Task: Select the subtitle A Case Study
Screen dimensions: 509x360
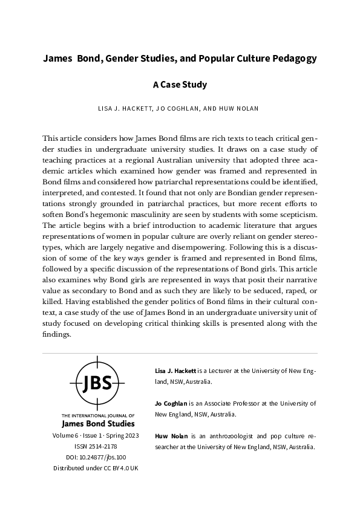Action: click(180, 85)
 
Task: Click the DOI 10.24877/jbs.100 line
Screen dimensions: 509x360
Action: click(97, 457)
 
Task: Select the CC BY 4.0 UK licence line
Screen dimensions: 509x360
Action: click(97, 468)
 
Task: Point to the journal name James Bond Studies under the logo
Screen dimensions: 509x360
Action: click(97, 423)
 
